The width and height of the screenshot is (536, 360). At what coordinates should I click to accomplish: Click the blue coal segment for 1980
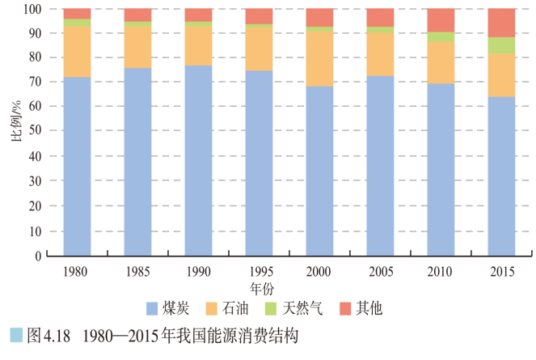[77, 166]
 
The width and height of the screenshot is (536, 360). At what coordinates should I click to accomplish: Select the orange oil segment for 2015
[501, 75]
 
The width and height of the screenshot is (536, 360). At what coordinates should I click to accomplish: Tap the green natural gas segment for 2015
[501, 45]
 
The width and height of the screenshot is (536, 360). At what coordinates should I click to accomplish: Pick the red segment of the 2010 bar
[441, 20]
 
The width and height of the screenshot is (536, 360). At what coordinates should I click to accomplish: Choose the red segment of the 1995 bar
[259, 16]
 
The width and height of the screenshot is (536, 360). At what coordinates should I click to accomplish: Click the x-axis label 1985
[137, 270]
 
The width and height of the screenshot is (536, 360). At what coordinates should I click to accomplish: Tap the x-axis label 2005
[380, 270]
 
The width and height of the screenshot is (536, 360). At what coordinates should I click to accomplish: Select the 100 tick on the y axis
[32, 9]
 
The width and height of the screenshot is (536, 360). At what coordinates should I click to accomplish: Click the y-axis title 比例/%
[15, 133]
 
